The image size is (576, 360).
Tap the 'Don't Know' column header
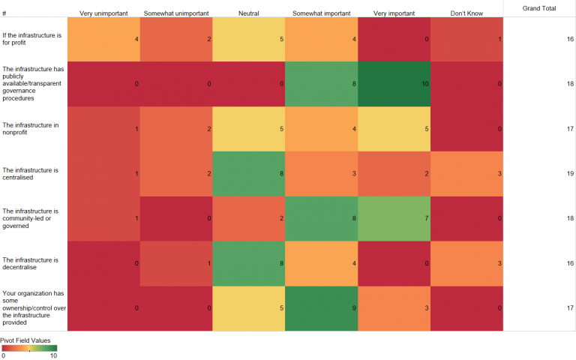pos(466,13)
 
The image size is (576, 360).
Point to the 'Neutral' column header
pos(248,13)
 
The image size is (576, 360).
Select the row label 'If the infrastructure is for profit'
pos(33,39)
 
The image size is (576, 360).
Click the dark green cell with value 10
pos(394,84)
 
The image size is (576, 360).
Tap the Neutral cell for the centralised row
pos(248,174)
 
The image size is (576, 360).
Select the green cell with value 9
pos(321,308)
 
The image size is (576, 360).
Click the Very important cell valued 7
pos(394,218)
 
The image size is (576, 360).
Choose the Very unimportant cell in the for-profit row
pos(103,38)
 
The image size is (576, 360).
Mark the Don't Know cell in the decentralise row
pos(466,263)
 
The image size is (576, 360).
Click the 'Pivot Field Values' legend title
pos(25,340)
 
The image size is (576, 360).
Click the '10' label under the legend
pos(53,355)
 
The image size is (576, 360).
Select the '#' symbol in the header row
pos(4,13)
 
